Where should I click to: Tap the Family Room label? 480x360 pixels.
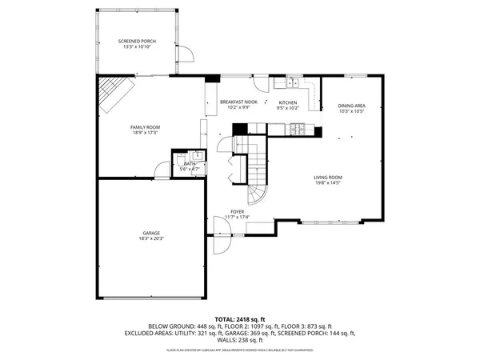click(146, 127)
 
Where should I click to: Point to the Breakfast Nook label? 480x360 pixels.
click(238, 102)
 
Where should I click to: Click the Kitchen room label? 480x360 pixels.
click(287, 102)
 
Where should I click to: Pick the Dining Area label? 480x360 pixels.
click(351, 106)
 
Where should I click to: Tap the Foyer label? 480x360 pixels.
click(238, 213)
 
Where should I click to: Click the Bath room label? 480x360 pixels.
click(189, 164)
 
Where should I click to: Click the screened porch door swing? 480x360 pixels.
click(186, 54)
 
